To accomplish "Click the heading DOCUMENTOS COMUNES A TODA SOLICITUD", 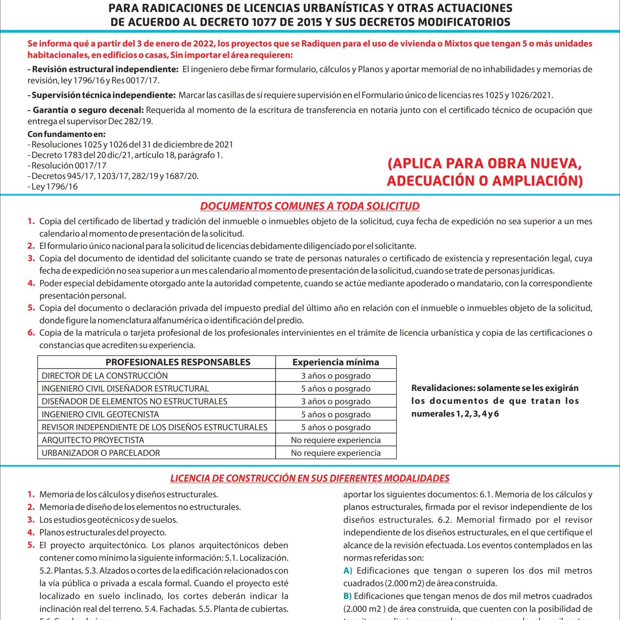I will (310, 206).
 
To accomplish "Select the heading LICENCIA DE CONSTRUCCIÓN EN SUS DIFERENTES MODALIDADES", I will (310, 478).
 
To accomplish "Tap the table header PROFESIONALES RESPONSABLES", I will (178, 362).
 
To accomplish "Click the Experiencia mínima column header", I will (336, 362).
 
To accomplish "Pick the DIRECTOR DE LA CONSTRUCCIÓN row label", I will (105, 376).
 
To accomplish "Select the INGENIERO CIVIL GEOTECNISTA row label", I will (100, 414).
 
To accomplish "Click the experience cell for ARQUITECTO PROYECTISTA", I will (336, 440).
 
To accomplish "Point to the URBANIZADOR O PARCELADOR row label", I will (101, 453).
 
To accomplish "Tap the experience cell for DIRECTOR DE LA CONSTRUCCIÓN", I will (336, 376).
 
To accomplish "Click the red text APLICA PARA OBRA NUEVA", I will (485, 164).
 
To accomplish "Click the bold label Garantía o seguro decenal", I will (88, 110).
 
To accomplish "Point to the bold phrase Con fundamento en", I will (66, 134).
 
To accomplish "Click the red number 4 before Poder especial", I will (31, 283).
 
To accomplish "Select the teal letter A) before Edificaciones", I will (348, 571).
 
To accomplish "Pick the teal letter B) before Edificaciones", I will (348, 596).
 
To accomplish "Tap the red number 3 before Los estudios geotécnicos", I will (31, 520).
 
